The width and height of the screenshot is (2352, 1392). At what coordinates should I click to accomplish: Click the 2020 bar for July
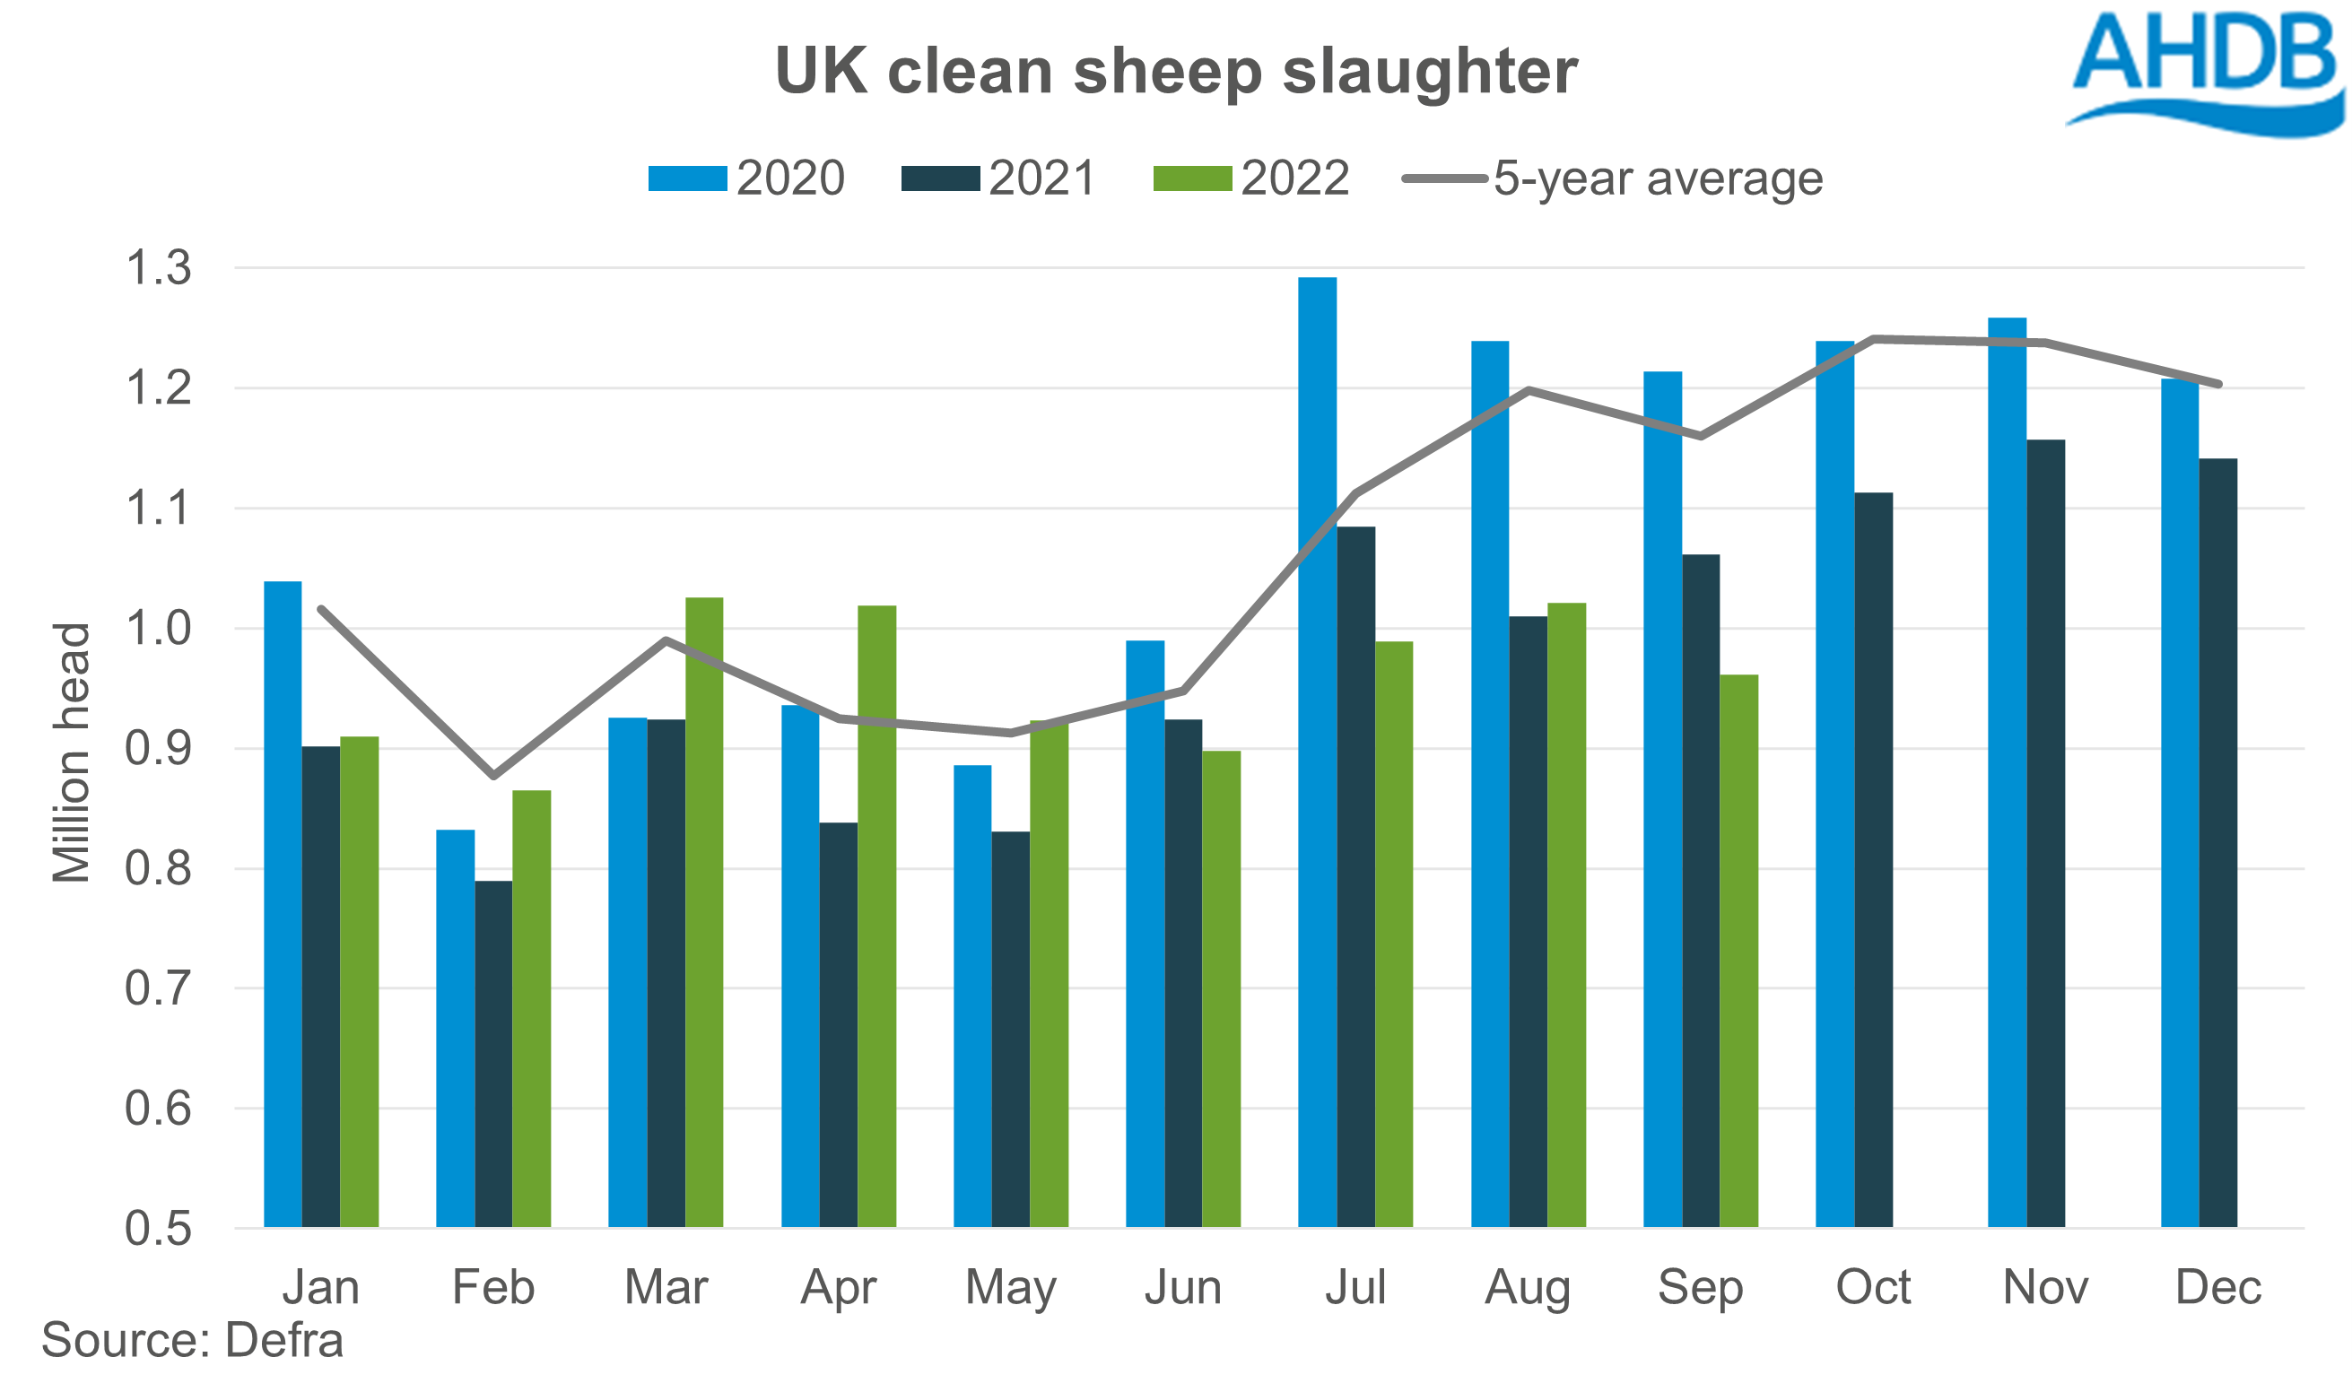[1317, 751]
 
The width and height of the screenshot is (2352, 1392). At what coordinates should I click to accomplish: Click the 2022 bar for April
[876, 916]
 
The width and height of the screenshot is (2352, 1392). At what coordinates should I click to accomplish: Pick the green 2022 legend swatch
[1191, 178]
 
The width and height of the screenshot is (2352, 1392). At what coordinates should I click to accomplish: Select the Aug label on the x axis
[1528, 1288]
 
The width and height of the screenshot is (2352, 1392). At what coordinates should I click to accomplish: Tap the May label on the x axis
[1010, 1288]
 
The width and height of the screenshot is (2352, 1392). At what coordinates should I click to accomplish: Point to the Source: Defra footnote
[192, 1340]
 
